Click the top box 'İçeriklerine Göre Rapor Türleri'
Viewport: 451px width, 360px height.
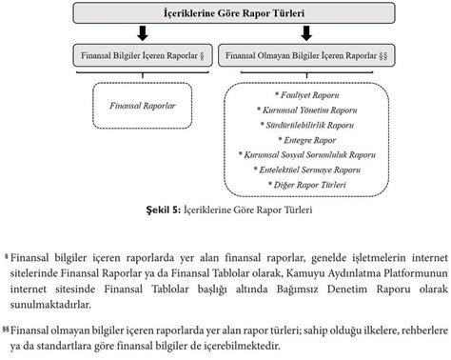pos(225,13)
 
